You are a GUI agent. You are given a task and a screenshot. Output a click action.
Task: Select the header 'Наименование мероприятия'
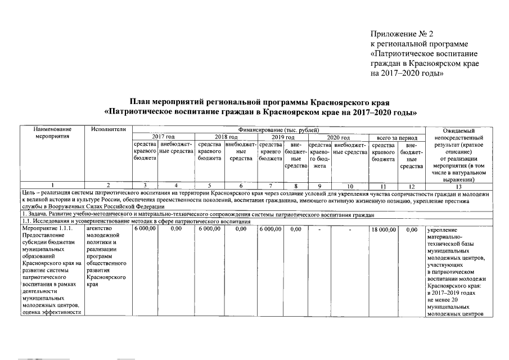click(x=52, y=133)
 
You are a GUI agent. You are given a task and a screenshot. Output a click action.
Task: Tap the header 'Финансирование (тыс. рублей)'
click(x=278, y=129)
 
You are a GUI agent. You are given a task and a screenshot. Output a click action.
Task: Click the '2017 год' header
click(x=163, y=137)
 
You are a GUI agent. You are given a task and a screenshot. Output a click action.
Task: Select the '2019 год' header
click(x=282, y=137)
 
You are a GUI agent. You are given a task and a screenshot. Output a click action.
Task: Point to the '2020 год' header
click(x=339, y=137)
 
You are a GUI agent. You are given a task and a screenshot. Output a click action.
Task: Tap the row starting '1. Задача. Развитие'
click(x=169, y=215)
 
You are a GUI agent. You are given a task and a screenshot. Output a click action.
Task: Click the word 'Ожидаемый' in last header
click(x=460, y=130)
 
